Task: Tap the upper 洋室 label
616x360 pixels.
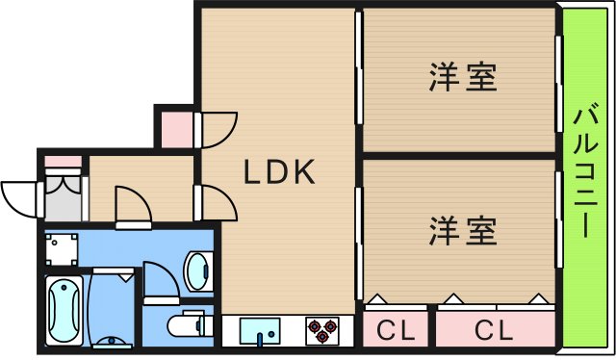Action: [x=463, y=77]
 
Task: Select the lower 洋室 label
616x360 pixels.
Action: [x=463, y=231]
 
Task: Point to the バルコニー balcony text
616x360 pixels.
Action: [x=583, y=173]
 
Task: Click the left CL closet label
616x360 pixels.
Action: [x=396, y=331]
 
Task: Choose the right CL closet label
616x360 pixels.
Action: [x=495, y=331]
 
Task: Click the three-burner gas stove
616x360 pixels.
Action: [x=323, y=330]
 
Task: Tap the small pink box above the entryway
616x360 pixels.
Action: [x=64, y=160]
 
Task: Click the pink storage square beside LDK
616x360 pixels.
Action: [x=176, y=128]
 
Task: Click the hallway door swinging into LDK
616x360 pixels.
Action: [x=217, y=201]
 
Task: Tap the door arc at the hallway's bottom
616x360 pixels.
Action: [x=132, y=204]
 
